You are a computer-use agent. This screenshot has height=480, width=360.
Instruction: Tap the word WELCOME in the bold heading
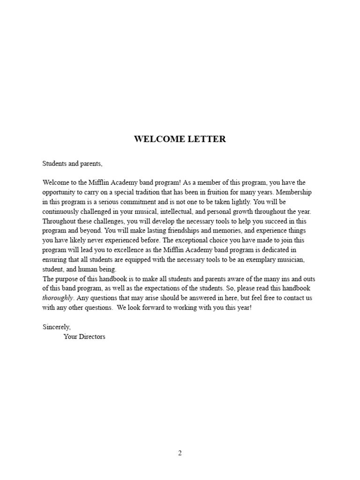tap(157, 139)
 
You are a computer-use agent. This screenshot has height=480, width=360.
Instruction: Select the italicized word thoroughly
tap(58, 298)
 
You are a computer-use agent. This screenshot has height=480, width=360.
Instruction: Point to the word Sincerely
tap(56, 327)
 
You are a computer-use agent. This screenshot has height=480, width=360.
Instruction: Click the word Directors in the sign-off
tap(92, 337)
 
